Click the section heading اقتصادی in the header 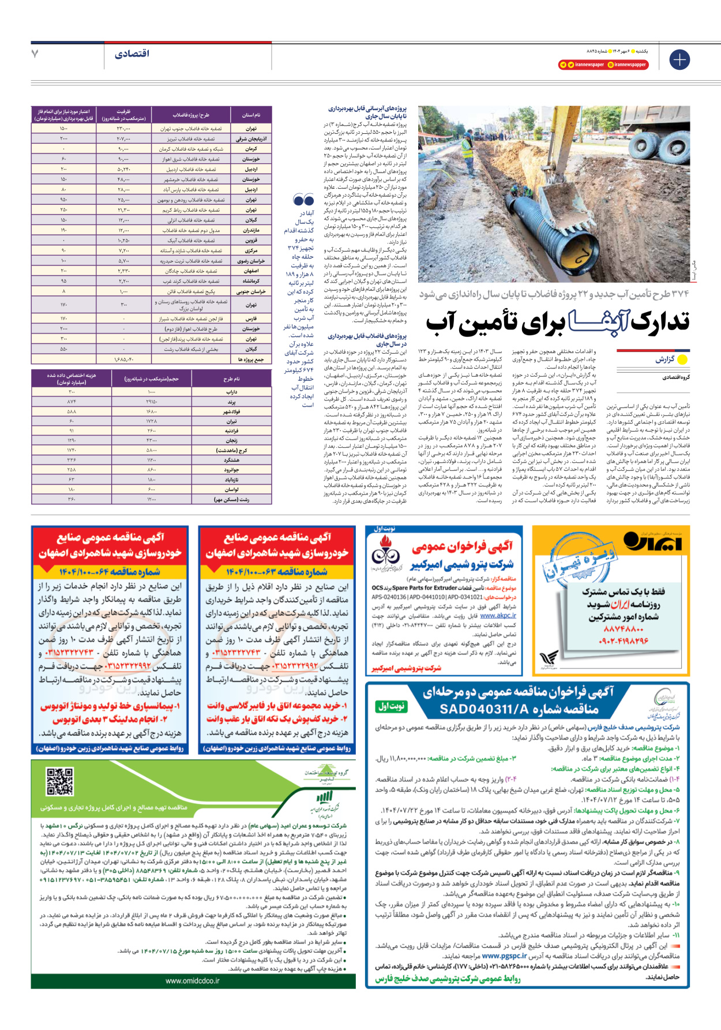(x=132, y=54)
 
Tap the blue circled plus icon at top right (x=679, y=59)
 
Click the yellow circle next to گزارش (x=682, y=359)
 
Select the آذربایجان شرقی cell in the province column (x=251, y=139)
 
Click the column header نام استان (x=251, y=115)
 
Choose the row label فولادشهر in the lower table (x=231, y=412)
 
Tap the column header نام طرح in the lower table (x=231, y=379)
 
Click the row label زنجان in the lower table (x=231, y=441)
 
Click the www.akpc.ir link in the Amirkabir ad (x=498, y=616)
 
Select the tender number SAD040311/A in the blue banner (x=519, y=709)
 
